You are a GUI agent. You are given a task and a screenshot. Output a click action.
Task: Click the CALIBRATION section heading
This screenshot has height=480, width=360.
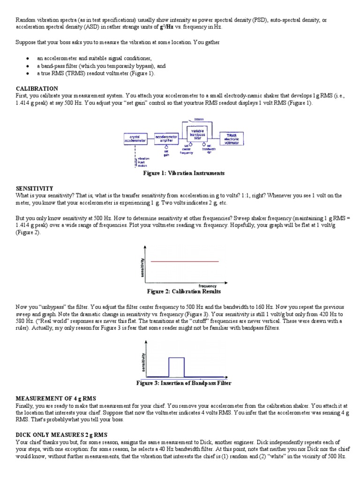coord(37,89)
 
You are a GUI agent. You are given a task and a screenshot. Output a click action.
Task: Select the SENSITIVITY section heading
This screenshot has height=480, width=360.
coord(35,188)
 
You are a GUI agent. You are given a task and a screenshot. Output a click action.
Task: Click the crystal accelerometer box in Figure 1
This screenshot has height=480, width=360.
coord(136,139)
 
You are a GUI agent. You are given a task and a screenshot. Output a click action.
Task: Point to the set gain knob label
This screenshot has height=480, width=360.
coord(166,153)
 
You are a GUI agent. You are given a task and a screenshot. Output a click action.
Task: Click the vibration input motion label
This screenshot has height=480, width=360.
coord(143,162)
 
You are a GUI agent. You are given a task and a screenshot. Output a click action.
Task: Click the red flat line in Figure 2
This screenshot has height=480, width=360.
coord(185,261)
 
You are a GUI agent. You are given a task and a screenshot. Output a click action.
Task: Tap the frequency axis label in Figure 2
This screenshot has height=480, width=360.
coord(207,286)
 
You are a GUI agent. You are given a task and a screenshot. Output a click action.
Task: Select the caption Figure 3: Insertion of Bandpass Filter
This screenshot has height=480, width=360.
coord(184,383)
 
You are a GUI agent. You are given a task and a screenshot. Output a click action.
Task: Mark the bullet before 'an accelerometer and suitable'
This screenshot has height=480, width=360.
coord(29,59)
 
